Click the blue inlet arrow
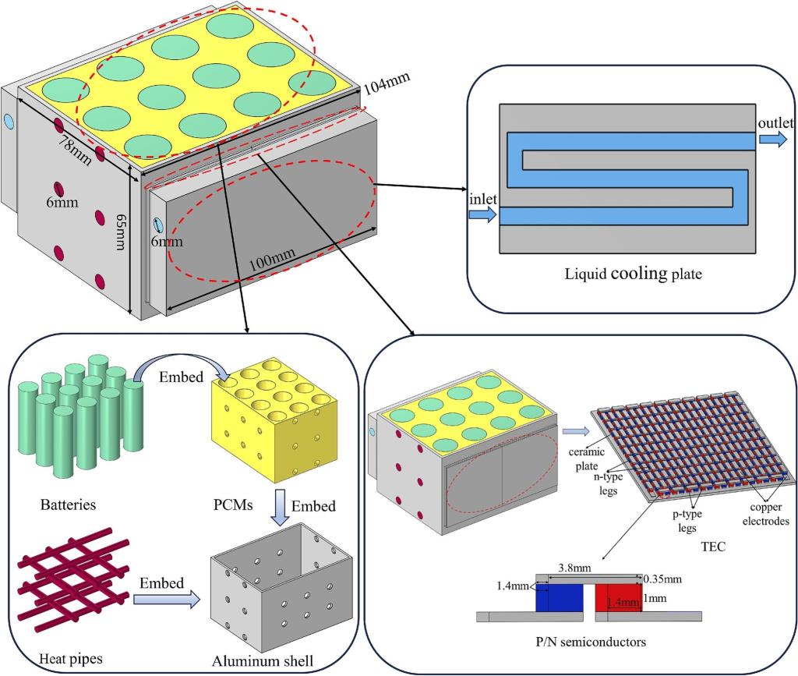click(x=483, y=215)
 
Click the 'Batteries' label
click(x=68, y=504)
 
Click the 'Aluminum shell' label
click(x=263, y=661)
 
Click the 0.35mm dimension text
click(x=664, y=579)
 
